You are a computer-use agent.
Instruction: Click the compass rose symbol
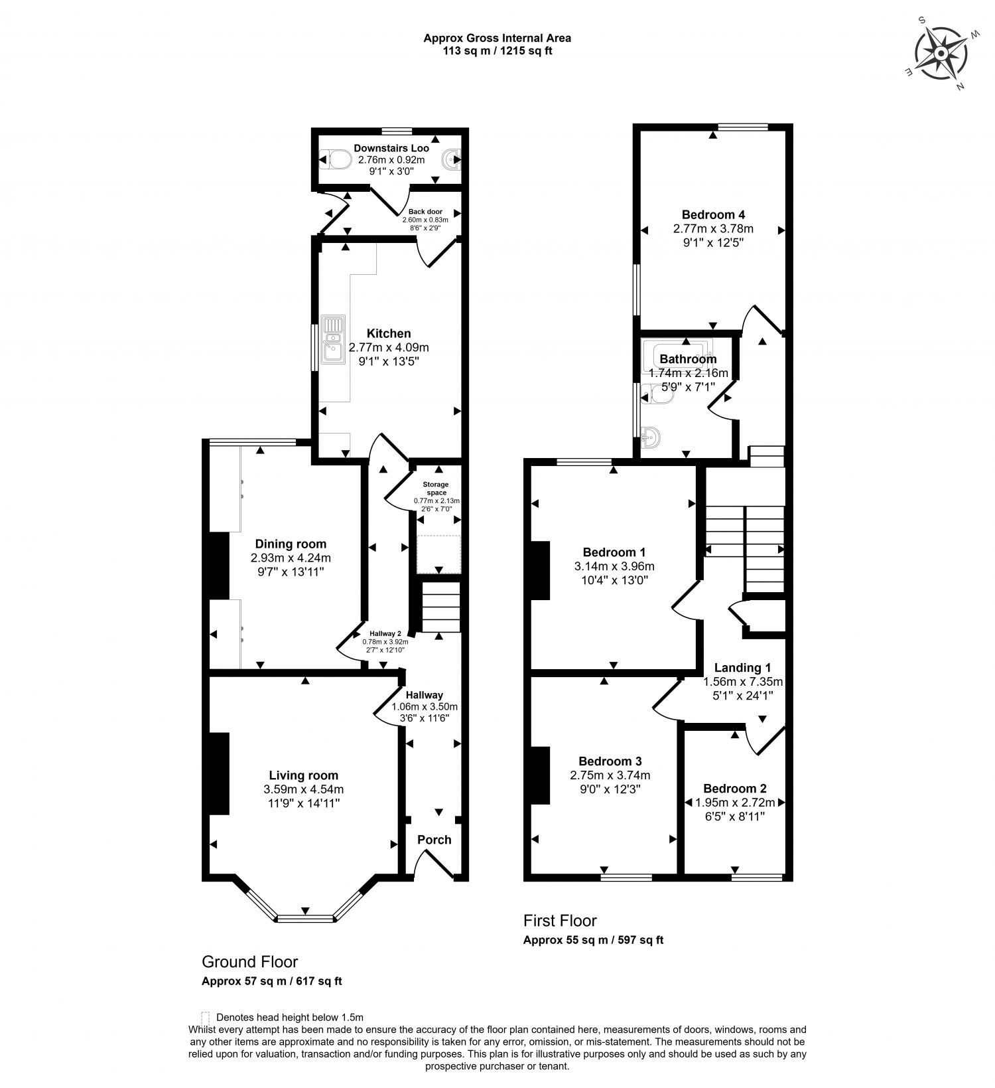[x=941, y=54]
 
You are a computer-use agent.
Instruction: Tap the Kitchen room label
[x=389, y=333]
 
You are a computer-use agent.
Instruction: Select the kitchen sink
[x=333, y=339]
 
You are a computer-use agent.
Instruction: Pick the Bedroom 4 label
[x=713, y=214]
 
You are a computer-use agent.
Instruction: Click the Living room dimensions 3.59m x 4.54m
[x=304, y=789]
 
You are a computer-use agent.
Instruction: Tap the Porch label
[x=434, y=840]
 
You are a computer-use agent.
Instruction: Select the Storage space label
[x=436, y=489]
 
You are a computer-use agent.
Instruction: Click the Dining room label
[x=291, y=544]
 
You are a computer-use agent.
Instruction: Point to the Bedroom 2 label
[x=735, y=789]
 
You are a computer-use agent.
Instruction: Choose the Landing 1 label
[x=742, y=668]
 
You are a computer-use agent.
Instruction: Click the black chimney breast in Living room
[x=220, y=773]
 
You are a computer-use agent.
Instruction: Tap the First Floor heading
[x=560, y=921]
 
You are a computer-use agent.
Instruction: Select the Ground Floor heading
[x=250, y=962]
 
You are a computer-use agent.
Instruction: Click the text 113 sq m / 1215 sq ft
[x=497, y=50]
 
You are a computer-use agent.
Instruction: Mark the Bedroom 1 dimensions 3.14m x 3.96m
[x=614, y=566]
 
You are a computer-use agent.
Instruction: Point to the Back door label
[x=425, y=212]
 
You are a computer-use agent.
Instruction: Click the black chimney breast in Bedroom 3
[x=541, y=775]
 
